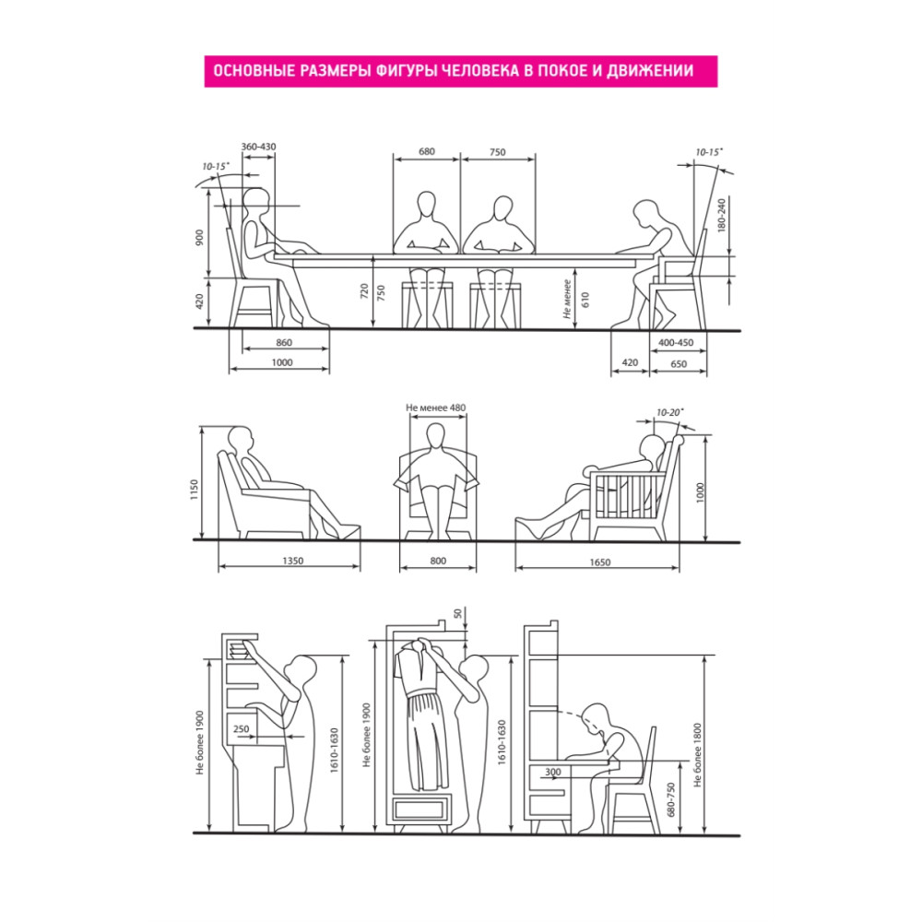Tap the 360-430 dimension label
tap(258, 147)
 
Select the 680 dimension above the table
tap(426, 152)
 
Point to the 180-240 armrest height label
tap(722, 215)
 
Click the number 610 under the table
tap(585, 300)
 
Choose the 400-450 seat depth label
tap(676, 342)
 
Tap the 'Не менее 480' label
tap(436, 408)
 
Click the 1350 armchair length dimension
tap(292, 561)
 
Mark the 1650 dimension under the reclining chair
tap(600, 562)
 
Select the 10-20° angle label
tap(669, 413)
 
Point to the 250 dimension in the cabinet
tap(241, 729)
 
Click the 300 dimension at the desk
tap(552, 772)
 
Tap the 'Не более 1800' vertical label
tap(697, 755)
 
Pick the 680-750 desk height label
tap(671, 799)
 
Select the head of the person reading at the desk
tap(596, 720)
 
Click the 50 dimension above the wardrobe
tap(457, 614)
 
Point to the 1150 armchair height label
tap(194, 490)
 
